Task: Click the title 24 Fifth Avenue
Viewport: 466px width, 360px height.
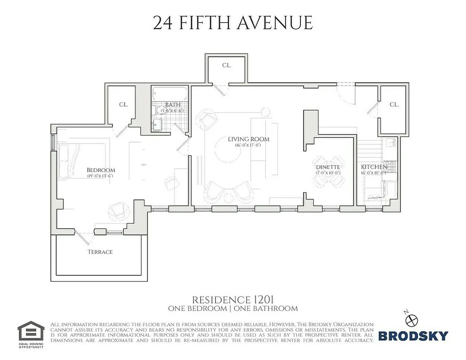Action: click(233, 22)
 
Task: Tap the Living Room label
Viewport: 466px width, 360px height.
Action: click(248, 139)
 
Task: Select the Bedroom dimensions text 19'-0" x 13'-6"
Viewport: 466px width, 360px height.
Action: click(100, 176)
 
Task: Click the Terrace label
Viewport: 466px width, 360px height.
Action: click(100, 252)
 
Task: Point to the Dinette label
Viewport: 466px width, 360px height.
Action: click(328, 166)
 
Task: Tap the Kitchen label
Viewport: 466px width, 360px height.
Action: click(374, 166)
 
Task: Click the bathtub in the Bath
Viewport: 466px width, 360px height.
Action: click(169, 94)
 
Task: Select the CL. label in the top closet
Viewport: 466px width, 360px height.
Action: click(227, 65)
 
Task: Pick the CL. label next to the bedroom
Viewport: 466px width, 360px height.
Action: click(123, 104)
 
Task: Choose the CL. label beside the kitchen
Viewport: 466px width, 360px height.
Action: click(394, 104)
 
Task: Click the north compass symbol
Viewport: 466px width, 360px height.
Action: click(412, 319)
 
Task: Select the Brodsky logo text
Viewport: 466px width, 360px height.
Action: click(412, 336)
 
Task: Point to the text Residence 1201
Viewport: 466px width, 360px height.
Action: click(233, 300)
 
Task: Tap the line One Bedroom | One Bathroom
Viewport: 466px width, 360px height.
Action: click(233, 309)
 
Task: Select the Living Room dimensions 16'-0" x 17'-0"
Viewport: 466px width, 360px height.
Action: click(248, 145)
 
